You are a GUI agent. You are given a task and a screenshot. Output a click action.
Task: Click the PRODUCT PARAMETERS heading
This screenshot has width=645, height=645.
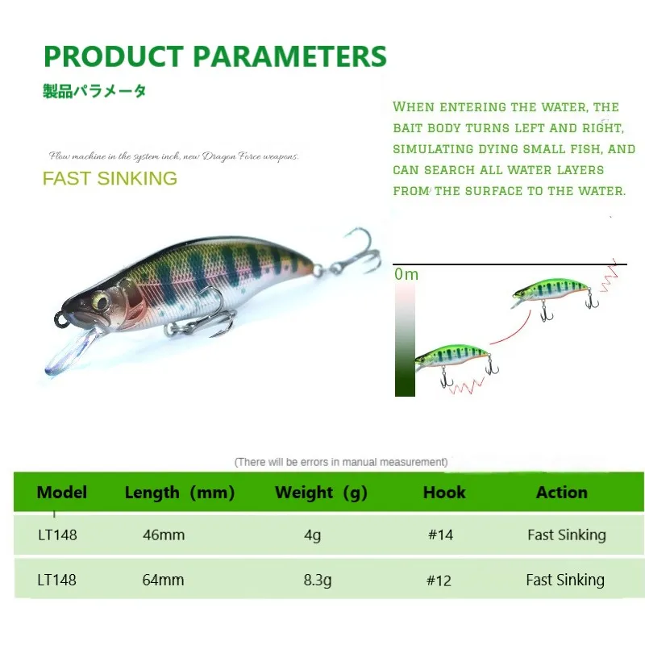[x=214, y=56]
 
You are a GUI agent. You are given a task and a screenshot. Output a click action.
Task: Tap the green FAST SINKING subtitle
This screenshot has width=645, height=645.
[x=110, y=178]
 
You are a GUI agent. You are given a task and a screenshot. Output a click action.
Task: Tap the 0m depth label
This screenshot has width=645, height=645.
[x=407, y=274]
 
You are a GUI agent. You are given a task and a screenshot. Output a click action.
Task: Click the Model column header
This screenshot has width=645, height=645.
[x=62, y=492]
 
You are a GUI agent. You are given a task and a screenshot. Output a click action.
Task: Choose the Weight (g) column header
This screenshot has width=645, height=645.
[x=321, y=492]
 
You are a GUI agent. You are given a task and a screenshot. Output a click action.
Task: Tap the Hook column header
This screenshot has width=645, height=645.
[x=444, y=492]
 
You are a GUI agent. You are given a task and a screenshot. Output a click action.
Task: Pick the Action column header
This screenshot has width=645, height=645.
[x=562, y=492]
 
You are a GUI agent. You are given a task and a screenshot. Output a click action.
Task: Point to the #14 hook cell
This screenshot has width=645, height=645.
[x=440, y=535]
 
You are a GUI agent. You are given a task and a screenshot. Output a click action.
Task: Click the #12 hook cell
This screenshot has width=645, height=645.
[x=440, y=580]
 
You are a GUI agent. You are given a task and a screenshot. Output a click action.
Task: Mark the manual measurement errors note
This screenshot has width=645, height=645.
[x=340, y=462]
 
